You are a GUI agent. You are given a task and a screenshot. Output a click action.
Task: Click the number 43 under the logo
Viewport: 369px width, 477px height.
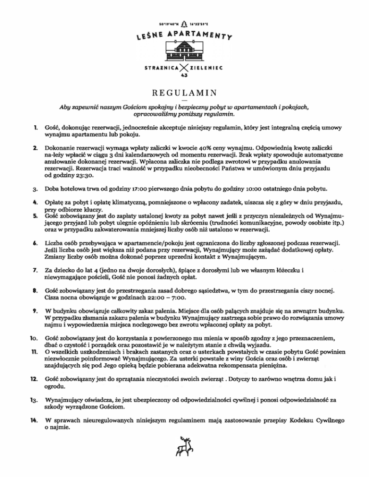[x=184, y=76]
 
